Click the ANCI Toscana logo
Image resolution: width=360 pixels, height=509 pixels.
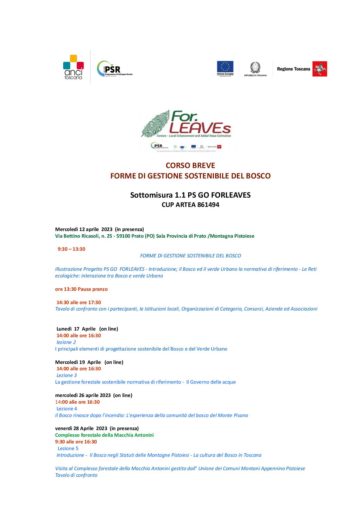click(73, 67)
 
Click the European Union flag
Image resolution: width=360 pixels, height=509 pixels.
click(225, 67)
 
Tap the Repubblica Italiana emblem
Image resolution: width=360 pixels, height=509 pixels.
click(255, 68)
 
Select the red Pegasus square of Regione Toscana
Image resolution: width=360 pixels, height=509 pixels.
click(320, 69)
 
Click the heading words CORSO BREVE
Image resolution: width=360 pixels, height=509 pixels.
click(190, 165)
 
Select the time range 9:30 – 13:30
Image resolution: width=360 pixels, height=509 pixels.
click(71, 249)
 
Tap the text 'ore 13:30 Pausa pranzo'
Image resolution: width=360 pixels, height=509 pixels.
click(81, 289)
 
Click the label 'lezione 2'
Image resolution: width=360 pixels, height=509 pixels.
click(66, 342)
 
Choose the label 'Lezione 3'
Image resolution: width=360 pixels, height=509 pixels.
click(66, 375)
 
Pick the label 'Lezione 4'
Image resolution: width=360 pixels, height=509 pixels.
click(67, 409)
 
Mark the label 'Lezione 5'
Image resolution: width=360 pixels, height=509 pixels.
click(68, 448)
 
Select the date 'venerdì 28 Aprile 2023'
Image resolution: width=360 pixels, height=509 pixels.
click(81, 428)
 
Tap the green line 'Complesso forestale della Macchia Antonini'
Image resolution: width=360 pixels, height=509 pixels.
click(104, 435)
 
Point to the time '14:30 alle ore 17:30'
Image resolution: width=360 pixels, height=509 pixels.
click(79, 302)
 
